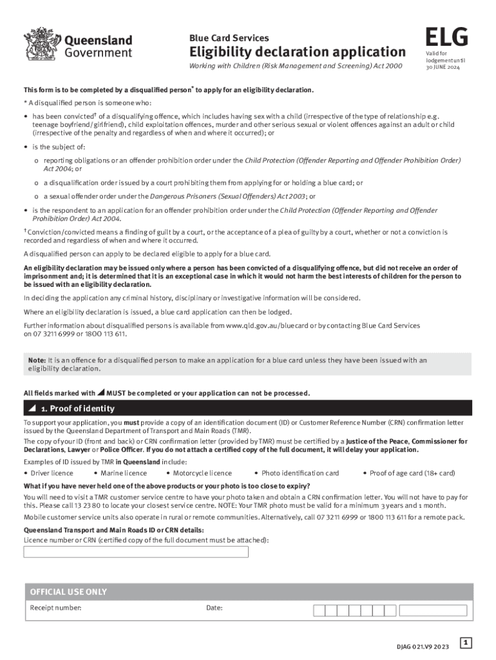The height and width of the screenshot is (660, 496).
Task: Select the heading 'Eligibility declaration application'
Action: pyautogui.click(x=297, y=52)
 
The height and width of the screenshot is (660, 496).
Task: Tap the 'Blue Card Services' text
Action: pyautogui.click(x=229, y=37)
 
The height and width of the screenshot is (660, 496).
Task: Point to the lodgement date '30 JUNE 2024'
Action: pyautogui.click(x=443, y=67)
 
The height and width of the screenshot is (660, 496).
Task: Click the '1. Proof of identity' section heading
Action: pyautogui.click(x=77, y=409)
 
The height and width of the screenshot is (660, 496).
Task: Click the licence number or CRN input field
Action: pyautogui.click(x=136, y=552)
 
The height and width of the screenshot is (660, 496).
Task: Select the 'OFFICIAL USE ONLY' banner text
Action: pyautogui.click(x=68, y=592)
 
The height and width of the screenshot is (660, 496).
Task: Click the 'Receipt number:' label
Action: pyautogui.click(x=55, y=608)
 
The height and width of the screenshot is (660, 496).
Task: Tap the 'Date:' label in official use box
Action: pyautogui.click(x=214, y=608)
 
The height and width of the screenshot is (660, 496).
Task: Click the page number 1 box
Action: pyautogui.click(x=466, y=643)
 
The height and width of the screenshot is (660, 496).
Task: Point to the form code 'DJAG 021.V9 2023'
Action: pyautogui.click(x=424, y=646)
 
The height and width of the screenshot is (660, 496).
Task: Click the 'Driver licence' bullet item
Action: pyautogui.click(x=52, y=473)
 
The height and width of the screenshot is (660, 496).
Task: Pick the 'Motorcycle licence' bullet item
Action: pyautogui.click(x=202, y=473)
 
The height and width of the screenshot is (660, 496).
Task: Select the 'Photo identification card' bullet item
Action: pyautogui.click(x=300, y=473)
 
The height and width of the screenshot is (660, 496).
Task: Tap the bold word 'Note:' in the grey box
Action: pyautogui.click(x=37, y=360)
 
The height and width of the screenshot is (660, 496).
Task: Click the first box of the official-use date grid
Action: pyautogui.click(x=319, y=610)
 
